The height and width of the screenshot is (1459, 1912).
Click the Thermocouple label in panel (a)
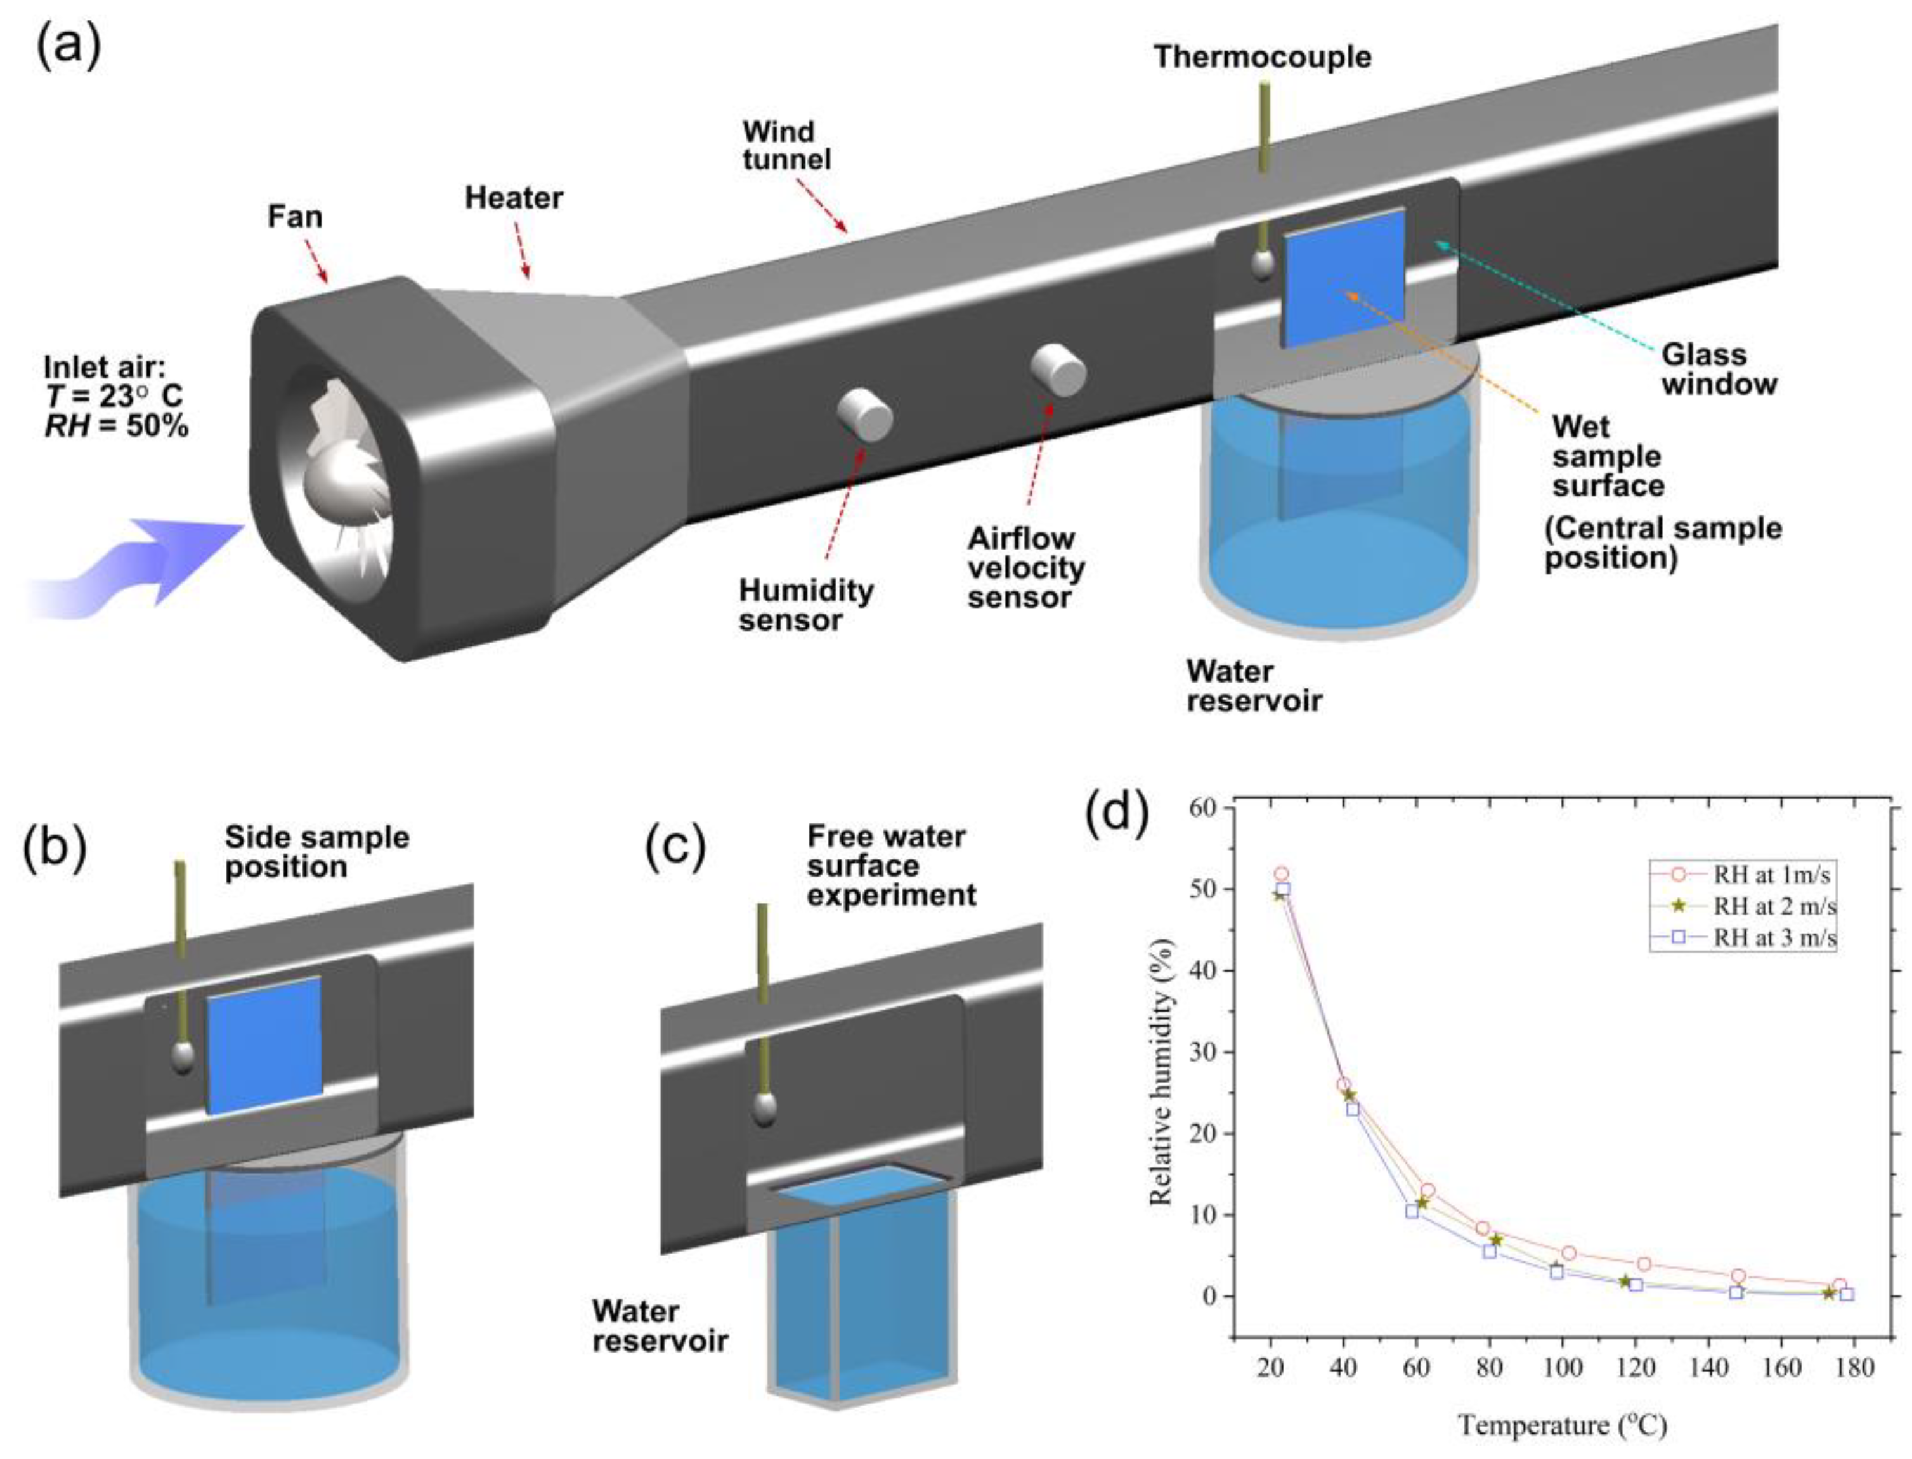point(1262,57)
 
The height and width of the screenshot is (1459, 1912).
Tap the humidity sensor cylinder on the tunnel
point(864,415)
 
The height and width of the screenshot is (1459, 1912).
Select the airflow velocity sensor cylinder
point(1058,370)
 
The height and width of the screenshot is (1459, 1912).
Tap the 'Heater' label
point(514,198)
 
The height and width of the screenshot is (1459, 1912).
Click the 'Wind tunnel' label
point(785,145)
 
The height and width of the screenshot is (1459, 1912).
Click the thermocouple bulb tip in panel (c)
point(764,1109)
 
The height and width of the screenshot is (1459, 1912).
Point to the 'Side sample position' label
point(316,852)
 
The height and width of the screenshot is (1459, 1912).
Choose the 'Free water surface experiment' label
point(890,866)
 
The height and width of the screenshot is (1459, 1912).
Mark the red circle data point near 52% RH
point(1282,873)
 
